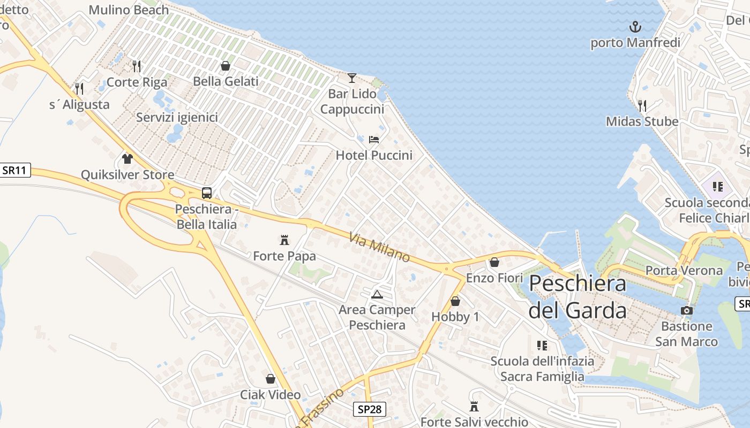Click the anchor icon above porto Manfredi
click(x=635, y=26)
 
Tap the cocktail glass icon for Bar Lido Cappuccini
click(x=351, y=78)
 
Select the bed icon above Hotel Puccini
click(x=374, y=140)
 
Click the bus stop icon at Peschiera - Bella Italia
click(x=207, y=193)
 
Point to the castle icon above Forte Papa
click(x=284, y=240)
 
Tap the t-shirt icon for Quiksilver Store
click(x=127, y=158)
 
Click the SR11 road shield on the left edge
click(x=15, y=171)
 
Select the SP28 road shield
click(x=370, y=409)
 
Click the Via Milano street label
click(x=379, y=247)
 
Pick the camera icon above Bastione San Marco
click(x=686, y=310)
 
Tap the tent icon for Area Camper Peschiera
click(x=377, y=294)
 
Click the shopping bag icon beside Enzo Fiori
click(x=494, y=262)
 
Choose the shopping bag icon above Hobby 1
click(x=455, y=301)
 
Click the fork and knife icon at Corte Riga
click(x=137, y=66)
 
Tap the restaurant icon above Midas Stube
click(x=642, y=105)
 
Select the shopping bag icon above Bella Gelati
click(x=226, y=66)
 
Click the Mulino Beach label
click(x=129, y=10)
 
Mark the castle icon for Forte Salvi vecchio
click(x=474, y=407)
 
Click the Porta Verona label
click(x=684, y=270)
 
